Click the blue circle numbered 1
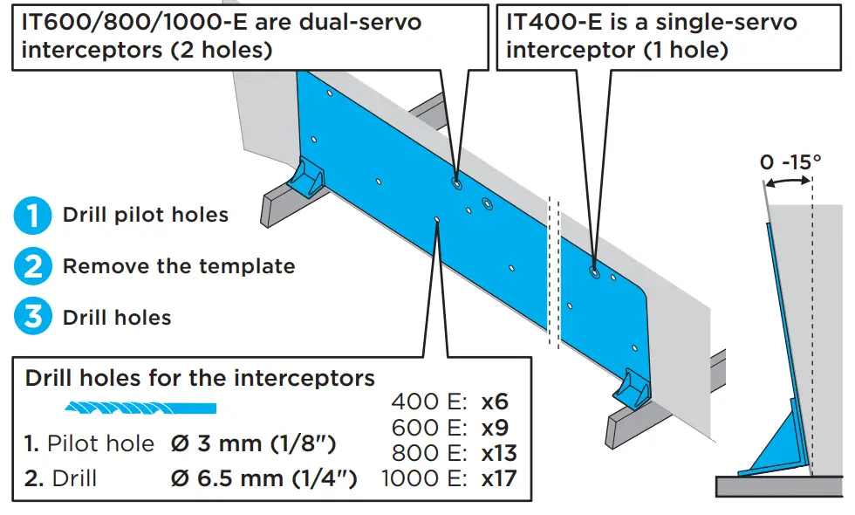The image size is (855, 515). [32, 216]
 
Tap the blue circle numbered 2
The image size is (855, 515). [32, 266]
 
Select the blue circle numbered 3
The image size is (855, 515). [32, 317]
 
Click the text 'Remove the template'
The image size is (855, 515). [179, 266]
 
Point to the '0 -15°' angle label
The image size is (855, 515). [790, 161]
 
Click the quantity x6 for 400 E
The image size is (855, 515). [494, 402]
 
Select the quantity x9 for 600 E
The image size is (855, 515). [494, 428]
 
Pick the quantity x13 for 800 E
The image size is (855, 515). [498, 453]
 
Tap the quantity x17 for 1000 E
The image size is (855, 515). [498, 478]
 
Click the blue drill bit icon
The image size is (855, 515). [140, 408]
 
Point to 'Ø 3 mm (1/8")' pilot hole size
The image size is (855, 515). [253, 443]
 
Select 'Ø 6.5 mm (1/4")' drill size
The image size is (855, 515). [263, 478]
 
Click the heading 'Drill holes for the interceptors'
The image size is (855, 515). [200, 378]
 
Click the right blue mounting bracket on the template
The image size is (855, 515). [633, 388]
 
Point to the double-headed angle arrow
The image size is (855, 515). [789, 181]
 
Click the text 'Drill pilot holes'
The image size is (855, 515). [146, 216]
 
